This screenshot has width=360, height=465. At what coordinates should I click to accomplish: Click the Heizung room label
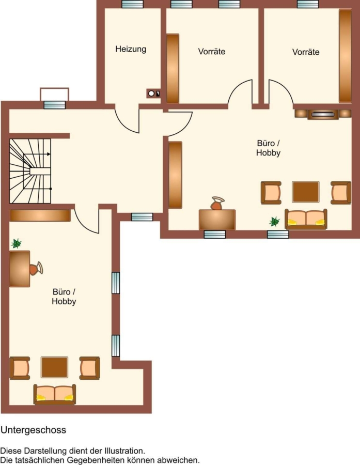click(131, 49)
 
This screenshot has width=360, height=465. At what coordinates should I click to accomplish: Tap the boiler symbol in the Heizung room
click(153, 94)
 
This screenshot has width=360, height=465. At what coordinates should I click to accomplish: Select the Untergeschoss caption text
click(34, 430)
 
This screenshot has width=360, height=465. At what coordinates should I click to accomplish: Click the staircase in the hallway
click(30, 171)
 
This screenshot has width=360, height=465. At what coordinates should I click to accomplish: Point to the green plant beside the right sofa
click(275, 221)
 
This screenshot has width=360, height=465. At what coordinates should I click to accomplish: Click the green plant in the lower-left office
click(17, 243)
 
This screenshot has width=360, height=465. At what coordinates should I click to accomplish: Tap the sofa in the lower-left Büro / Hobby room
click(55, 394)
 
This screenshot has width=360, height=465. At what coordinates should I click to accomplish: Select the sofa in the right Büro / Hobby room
click(306, 219)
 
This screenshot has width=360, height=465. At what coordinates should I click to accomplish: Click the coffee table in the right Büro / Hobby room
click(306, 192)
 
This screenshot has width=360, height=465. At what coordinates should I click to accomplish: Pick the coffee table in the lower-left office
click(55, 367)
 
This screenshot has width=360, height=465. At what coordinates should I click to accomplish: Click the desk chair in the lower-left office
click(36, 269)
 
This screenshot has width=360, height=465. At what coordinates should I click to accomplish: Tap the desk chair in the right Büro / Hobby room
click(217, 203)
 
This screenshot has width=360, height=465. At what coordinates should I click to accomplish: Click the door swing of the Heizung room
click(127, 119)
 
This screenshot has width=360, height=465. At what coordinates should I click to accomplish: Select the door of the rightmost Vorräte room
click(281, 92)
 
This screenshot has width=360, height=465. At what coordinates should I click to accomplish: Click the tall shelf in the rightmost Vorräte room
click(345, 56)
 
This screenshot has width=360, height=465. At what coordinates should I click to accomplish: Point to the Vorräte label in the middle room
click(212, 52)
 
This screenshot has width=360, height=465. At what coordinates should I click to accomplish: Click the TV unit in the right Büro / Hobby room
click(323, 114)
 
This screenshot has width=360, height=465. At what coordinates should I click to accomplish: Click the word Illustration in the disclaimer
click(124, 451)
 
